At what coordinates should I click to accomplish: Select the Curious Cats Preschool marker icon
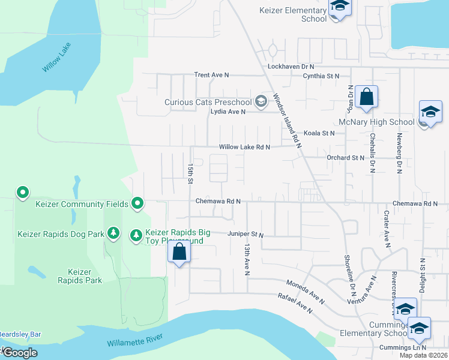[x=261, y=101]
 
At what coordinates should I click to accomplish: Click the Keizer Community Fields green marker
[x=137, y=204]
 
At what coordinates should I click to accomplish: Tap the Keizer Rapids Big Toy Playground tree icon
[x=136, y=233]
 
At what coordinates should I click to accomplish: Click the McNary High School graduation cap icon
[x=430, y=112]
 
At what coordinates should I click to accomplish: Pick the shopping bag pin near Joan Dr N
[x=366, y=97]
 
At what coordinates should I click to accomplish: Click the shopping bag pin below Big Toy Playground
[x=179, y=253]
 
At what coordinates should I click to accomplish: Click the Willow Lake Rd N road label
[x=244, y=147]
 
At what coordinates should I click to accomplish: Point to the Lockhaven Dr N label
[x=291, y=66]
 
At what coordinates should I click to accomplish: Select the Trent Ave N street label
[x=211, y=75]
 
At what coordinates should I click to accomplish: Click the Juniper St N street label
[x=246, y=234]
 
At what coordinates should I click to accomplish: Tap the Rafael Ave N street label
[x=295, y=303]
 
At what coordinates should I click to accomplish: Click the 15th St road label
[x=190, y=173]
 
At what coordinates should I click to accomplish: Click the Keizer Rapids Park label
[x=80, y=276]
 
